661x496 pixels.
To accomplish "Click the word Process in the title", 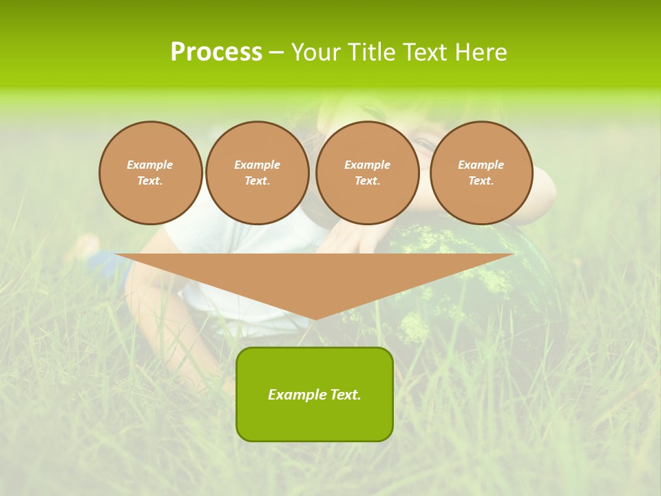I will (216, 52).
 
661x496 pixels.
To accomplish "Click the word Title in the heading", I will (369, 52).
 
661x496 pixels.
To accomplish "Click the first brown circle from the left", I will (150, 173).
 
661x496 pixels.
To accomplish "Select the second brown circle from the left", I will (257, 173).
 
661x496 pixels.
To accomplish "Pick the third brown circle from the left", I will (367, 173).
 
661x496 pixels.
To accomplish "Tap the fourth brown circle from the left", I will (481, 173).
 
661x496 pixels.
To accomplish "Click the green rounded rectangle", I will (315, 417).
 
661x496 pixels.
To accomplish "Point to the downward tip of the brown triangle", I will (315, 318).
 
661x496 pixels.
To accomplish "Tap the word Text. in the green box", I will (345, 395).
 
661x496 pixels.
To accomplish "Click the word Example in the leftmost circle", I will (150, 165).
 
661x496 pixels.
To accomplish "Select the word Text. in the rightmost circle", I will (481, 181).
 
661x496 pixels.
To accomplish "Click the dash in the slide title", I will (276, 52).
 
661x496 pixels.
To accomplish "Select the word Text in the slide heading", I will (423, 52).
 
